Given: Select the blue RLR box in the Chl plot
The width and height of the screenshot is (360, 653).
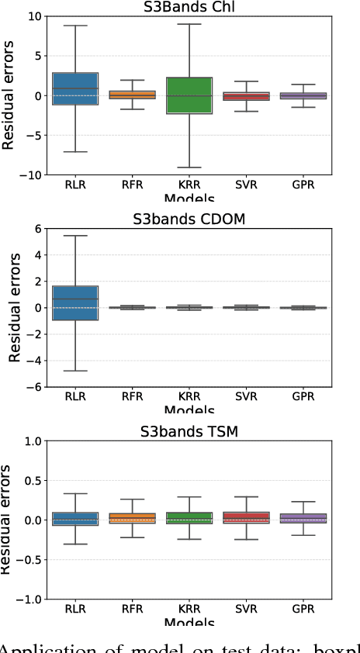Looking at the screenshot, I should [74, 88].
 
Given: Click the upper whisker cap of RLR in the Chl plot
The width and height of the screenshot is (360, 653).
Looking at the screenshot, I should [74, 26].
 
